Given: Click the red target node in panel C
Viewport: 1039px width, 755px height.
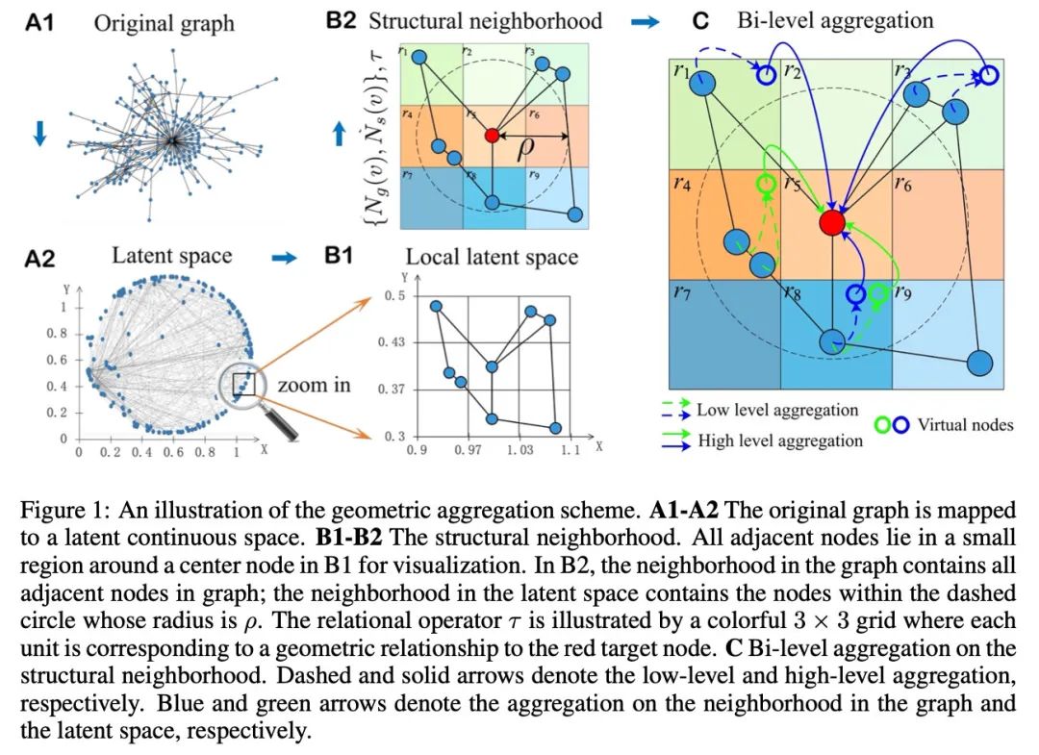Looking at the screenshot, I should (x=832, y=223).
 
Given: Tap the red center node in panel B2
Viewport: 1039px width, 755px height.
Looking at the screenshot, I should (x=492, y=136).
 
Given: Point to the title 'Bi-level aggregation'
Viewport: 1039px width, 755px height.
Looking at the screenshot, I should (x=835, y=20).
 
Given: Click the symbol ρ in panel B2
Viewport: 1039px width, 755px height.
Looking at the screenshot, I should (x=525, y=151).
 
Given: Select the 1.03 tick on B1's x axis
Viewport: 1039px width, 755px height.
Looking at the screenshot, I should (x=519, y=450).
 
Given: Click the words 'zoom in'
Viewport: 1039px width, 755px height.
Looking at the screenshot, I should (x=315, y=386).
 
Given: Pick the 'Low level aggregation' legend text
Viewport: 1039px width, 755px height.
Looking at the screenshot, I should (x=777, y=411).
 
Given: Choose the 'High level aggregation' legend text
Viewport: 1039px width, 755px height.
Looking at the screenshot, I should (x=780, y=440).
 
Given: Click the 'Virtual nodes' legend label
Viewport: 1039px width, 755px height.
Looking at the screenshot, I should (x=965, y=424).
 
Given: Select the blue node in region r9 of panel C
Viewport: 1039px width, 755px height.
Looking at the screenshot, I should (x=978, y=364).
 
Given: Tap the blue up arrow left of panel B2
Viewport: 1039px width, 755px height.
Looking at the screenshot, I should (x=338, y=135).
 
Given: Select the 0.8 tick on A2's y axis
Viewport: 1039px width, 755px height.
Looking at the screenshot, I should (x=59, y=333).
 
